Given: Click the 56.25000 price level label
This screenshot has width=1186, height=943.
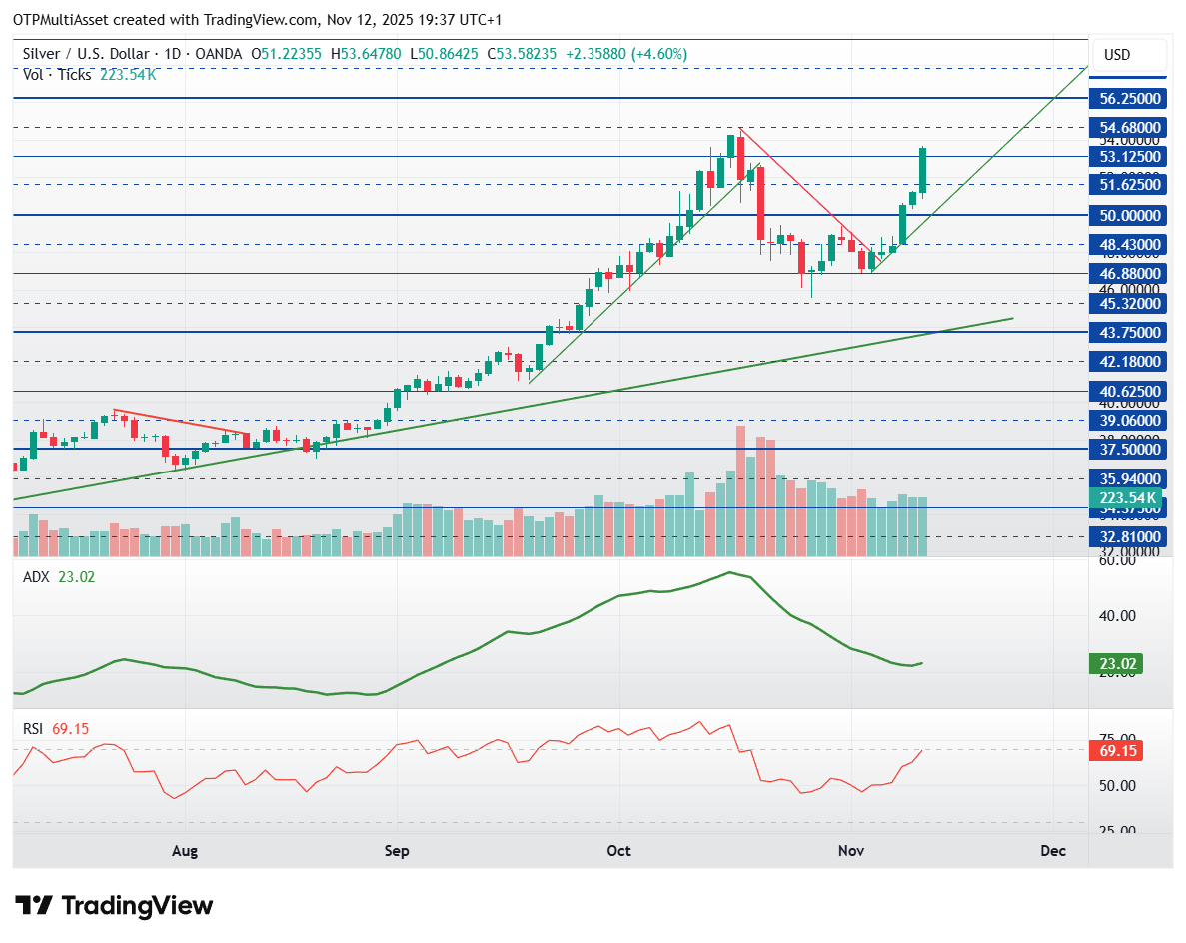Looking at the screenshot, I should pyautogui.click(x=1129, y=99).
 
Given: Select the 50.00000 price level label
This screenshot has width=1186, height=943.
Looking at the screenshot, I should pyautogui.click(x=1129, y=216).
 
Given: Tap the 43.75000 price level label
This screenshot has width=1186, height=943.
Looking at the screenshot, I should pyautogui.click(x=1129, y=332).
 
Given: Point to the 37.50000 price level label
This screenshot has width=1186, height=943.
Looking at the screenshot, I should pyautogui.click(x=1129, y=450).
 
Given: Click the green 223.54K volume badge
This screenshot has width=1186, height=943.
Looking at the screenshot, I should pyautogui.click(x=1128, y=498).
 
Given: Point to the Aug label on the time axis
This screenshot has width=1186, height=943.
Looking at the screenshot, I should pyautogui.click(x=185, y=851).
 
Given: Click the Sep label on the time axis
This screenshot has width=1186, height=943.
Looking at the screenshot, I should pyautogui.click(x=397, y=851).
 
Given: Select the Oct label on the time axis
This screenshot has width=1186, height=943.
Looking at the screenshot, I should pyautogui.click(x=619, y=851).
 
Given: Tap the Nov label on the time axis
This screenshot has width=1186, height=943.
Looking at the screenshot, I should pyautogui.click(x=850, y=851).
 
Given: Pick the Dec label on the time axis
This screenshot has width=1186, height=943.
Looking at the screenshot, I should pyautogui.click(x=1051, y=851).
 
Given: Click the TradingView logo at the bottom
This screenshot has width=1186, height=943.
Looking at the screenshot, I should pyautogui.click(x=116, y=906).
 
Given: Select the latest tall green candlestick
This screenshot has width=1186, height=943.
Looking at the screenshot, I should pyautogui.click(x=923, y=170).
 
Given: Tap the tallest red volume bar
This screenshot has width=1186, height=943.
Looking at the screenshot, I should pyautogui.click(x=740, y=489).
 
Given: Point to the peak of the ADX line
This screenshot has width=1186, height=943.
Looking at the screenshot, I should pyautogui.click(x=730, y=572).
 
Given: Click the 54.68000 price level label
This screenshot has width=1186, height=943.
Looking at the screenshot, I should pyautogui.click(x=1129, y=128).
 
